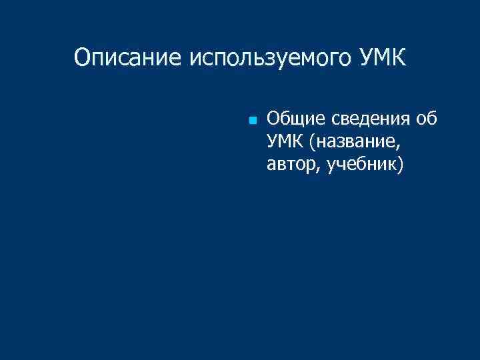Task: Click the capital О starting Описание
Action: point(82,57)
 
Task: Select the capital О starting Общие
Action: point(273,119)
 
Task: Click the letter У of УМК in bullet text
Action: point(271,142)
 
